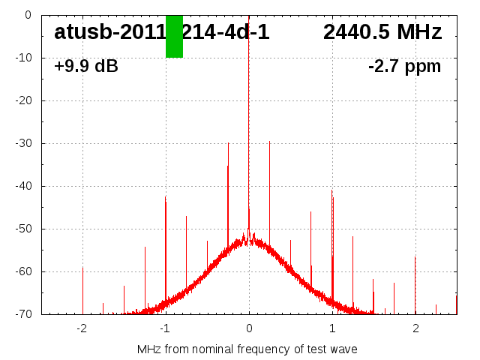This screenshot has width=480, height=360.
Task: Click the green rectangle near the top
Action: click(174, 36)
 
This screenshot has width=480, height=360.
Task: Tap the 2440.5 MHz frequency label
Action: click(382, 32)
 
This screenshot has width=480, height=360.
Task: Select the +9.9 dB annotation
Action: click(86, 67)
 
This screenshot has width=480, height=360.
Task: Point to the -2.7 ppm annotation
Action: click(404, 67)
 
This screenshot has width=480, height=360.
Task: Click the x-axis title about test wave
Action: click(247, 349)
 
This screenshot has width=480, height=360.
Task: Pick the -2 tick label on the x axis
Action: click(82, 328)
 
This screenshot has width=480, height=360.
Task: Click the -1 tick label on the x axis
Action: click(165, 328)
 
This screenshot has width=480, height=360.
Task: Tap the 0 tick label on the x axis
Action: click(249, 328)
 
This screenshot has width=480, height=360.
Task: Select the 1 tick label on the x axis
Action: click(332, 328)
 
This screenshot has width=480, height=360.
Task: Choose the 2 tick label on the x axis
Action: click(415, 328)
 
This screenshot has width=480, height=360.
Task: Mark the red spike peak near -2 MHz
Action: click(82, 268)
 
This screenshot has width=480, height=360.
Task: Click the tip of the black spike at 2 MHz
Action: click(415, 257)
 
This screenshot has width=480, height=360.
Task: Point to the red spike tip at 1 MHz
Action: click(331, 190)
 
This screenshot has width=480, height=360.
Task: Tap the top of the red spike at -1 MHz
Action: click(166, 196)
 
